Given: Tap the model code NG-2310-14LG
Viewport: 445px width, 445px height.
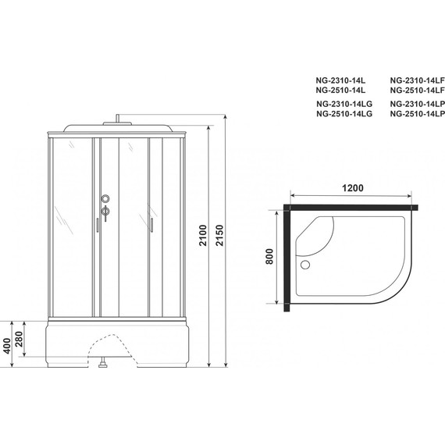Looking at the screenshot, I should click(x=344, y=104).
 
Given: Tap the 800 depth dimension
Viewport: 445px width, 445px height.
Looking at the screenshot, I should click(x=269, y=258).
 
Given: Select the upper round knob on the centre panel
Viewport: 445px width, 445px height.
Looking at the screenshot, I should click(x=106, y=198).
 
